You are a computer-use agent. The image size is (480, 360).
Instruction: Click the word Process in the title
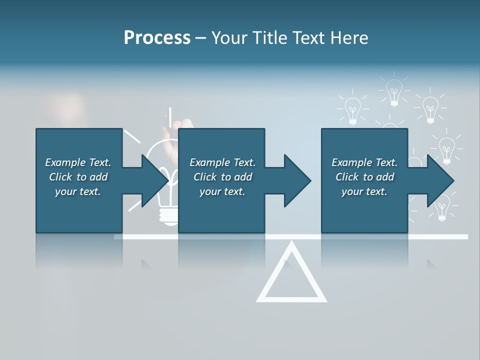click(157, 38)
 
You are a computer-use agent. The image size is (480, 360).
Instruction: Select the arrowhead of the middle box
click(297, 180)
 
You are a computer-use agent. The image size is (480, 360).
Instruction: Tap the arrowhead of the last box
click(440, 180)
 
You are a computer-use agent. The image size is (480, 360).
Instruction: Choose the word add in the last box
click(385, 177)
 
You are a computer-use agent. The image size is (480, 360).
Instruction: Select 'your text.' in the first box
click(78, 191)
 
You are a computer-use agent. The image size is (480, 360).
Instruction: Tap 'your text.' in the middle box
click(222, 191)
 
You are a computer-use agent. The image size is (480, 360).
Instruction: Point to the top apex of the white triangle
click(291, 245)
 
